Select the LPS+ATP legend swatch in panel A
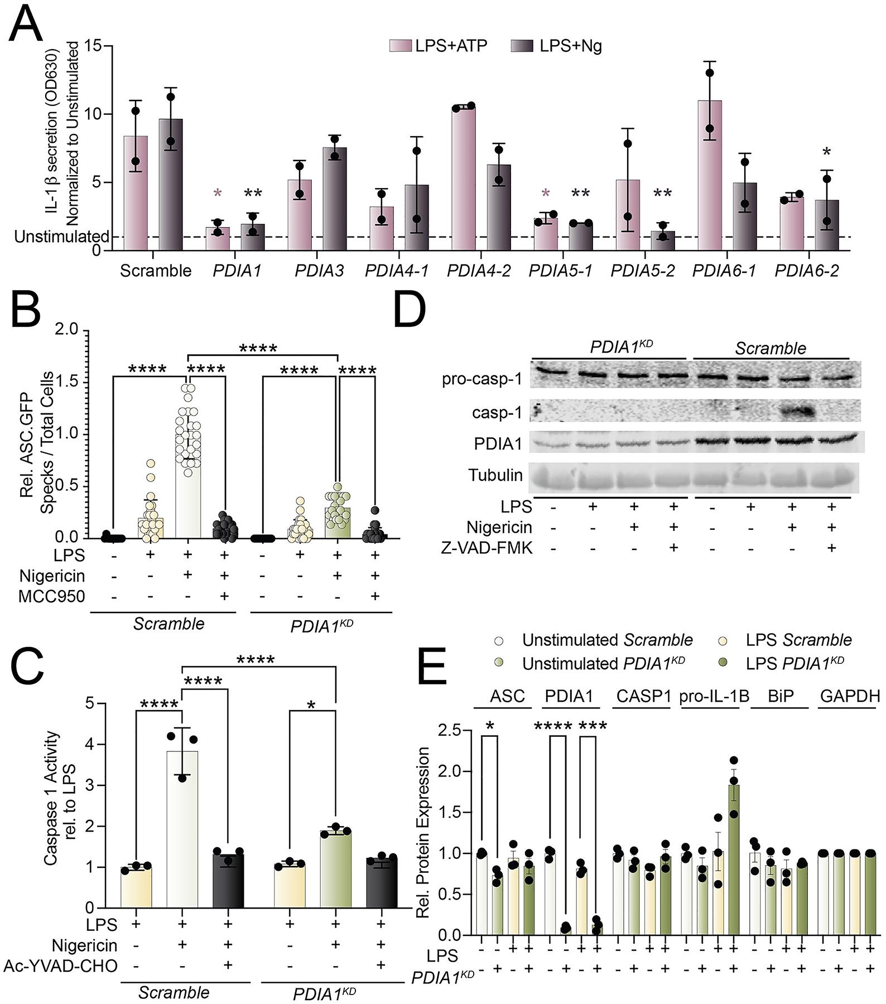400,46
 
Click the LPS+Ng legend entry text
570,46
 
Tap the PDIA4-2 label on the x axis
479,271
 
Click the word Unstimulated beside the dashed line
61,237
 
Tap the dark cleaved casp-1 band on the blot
792,413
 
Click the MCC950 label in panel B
51,596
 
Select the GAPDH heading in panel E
850,696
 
